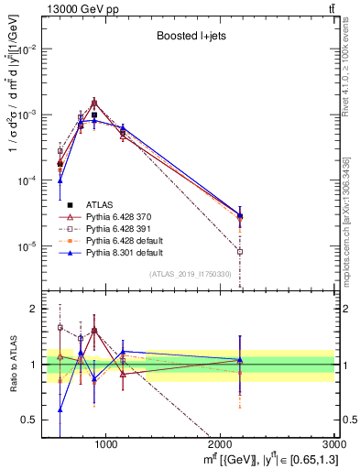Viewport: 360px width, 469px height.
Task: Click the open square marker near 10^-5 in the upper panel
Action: [240, 252]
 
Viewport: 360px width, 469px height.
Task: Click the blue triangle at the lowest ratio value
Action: [60, 409]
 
